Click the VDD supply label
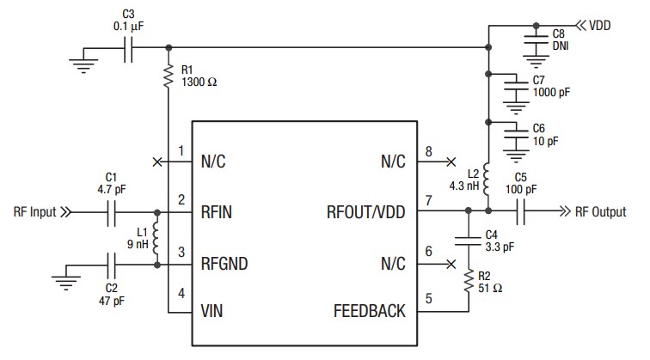pos(600,26)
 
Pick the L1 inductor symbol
pos(156,238)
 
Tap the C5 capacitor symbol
pos(521,211)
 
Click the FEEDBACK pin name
pos(369,311)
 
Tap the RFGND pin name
pos(224,264)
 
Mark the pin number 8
pos(428,152)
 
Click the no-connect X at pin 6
pos(450,264)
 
